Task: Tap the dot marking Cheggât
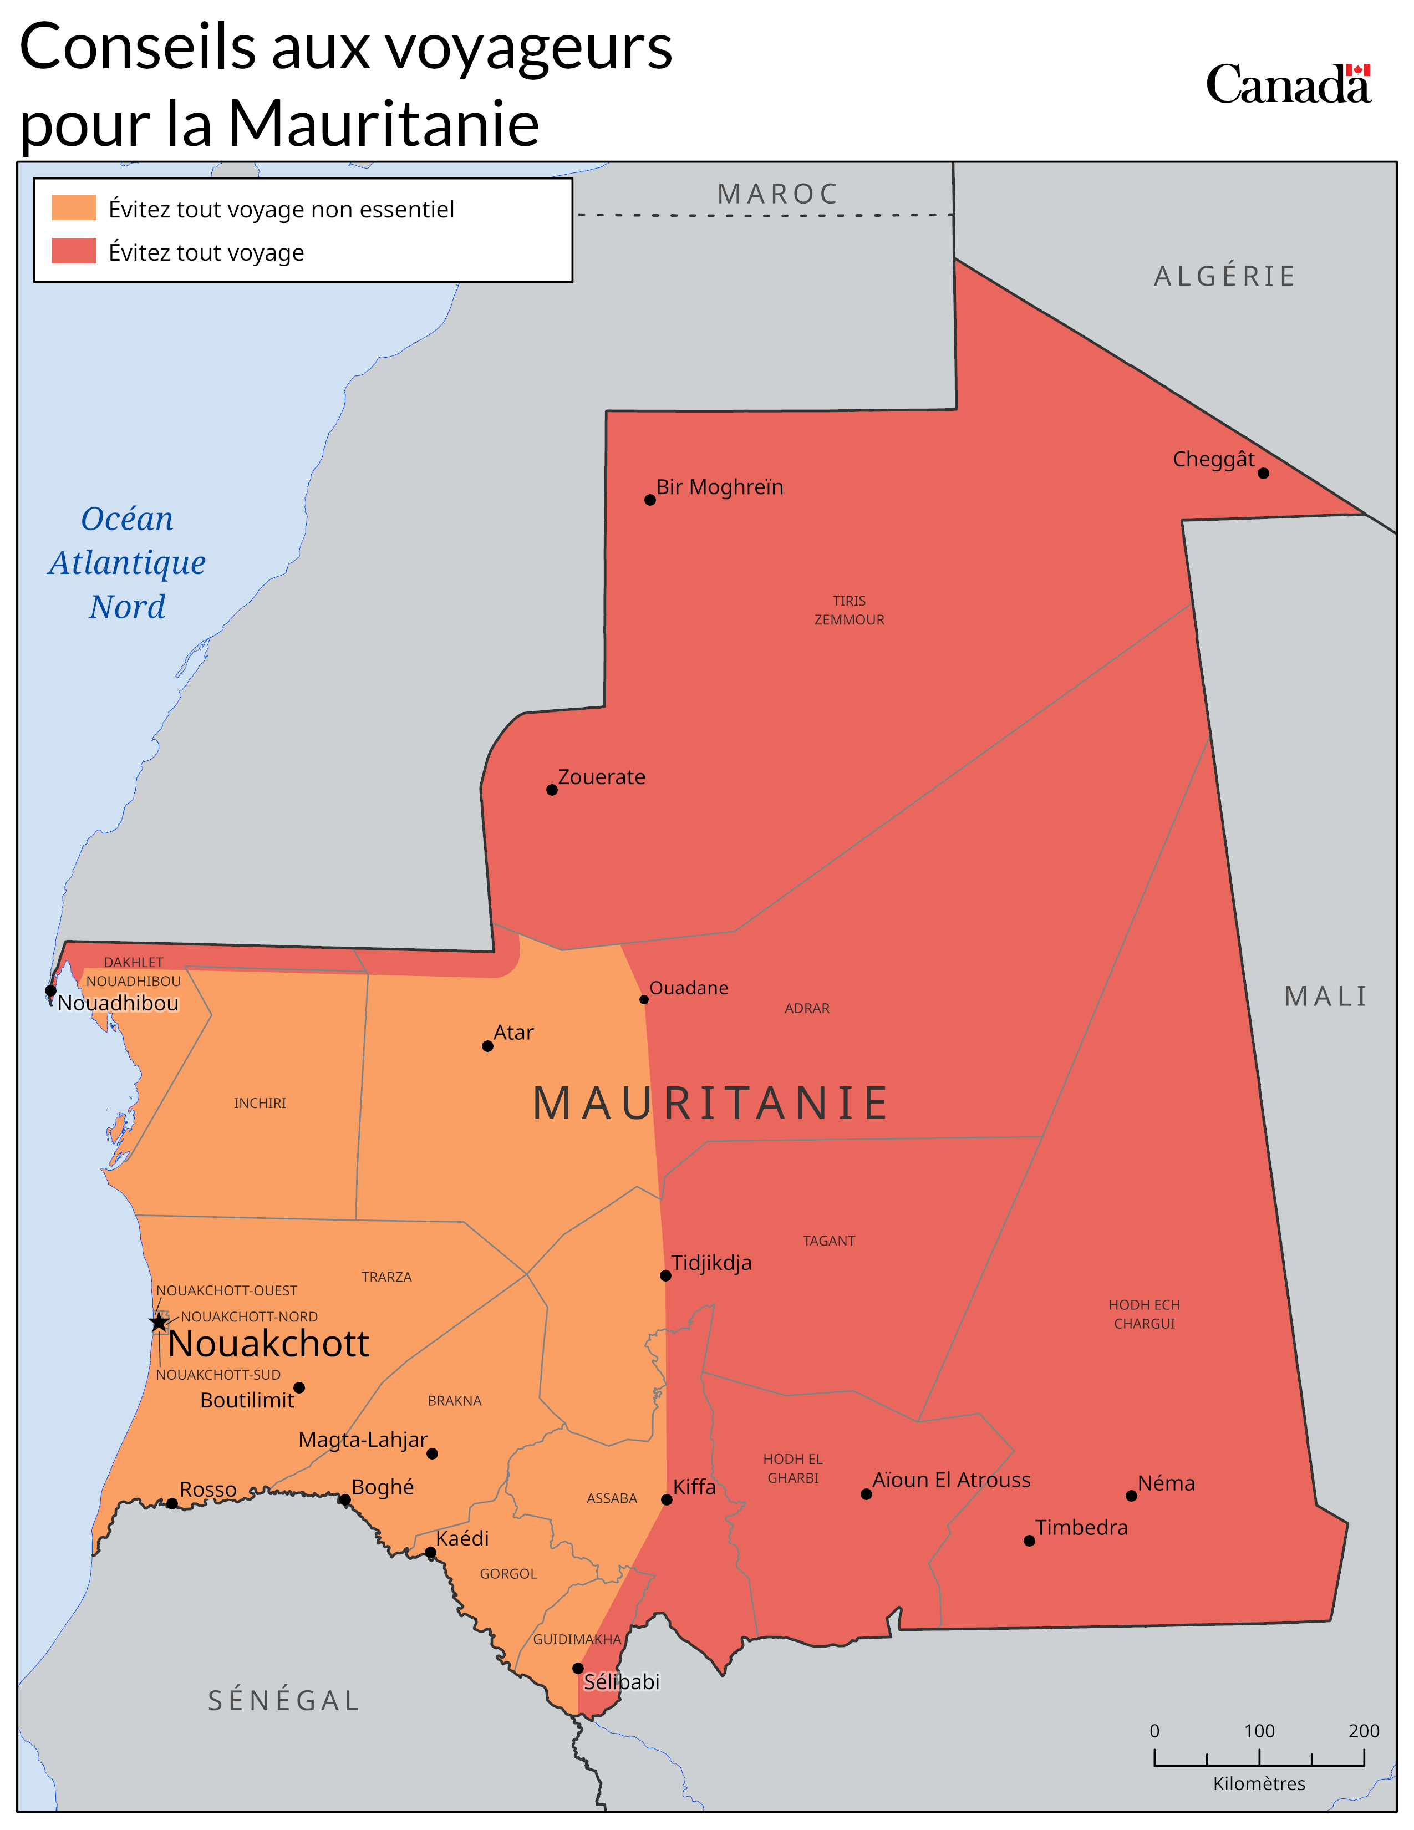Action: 1263,474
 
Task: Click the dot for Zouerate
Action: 551,789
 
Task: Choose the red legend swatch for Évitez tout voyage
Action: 74,251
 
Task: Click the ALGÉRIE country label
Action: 1225,276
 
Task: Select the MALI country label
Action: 1326,997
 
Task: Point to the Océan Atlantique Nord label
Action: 128,562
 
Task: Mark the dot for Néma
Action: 1131,1496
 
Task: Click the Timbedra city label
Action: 1081,1528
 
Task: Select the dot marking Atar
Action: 487,1046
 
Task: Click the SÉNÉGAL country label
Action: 284,1700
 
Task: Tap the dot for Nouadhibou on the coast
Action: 50,990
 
